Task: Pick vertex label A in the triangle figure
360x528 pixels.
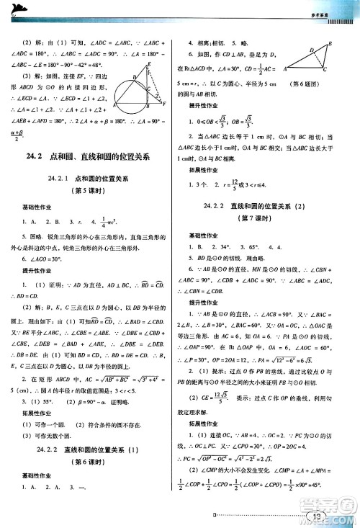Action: pyautogui.click(x=286, y=70)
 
